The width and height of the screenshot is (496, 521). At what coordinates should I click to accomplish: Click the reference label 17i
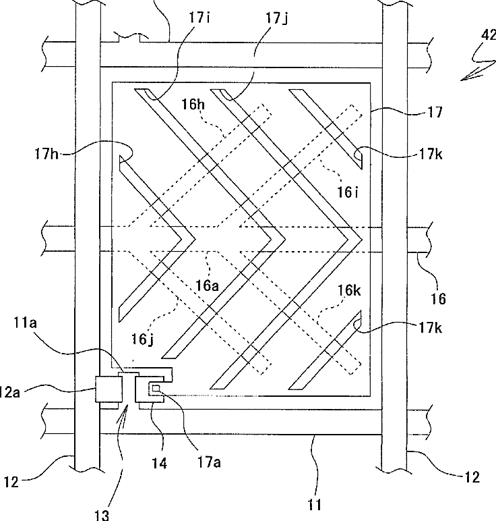coord(199,18)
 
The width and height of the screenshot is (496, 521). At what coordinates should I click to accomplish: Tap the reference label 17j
coord(277,18)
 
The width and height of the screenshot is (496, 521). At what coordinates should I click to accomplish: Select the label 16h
coord(193,105)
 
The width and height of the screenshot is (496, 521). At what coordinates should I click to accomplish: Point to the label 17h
coord(46,154)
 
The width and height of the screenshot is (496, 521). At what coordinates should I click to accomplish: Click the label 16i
coord(348,192)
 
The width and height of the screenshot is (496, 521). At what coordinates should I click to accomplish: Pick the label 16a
coord(207,285)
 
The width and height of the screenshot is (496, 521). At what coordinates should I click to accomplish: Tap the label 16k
coord(349,290)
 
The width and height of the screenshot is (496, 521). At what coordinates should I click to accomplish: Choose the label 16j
coord(143,339)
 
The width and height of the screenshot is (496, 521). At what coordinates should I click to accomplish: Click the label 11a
coord(25,323)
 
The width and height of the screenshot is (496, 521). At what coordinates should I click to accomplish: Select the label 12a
coord(10,392)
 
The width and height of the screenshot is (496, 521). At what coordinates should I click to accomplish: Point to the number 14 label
coord(160,463)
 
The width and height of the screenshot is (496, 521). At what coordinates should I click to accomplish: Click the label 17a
coord(209,462)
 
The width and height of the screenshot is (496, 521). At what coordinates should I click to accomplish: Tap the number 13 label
coord(102,515)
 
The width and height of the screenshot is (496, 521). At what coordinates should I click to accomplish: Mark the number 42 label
coord(489,34)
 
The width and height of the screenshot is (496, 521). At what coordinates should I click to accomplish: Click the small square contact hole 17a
coord(156,388)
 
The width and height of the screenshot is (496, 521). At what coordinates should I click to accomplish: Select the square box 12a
coord(107,389)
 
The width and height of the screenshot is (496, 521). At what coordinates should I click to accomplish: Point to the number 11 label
coord(314,505)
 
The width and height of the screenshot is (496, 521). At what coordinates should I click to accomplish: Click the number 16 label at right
coord(438,299)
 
